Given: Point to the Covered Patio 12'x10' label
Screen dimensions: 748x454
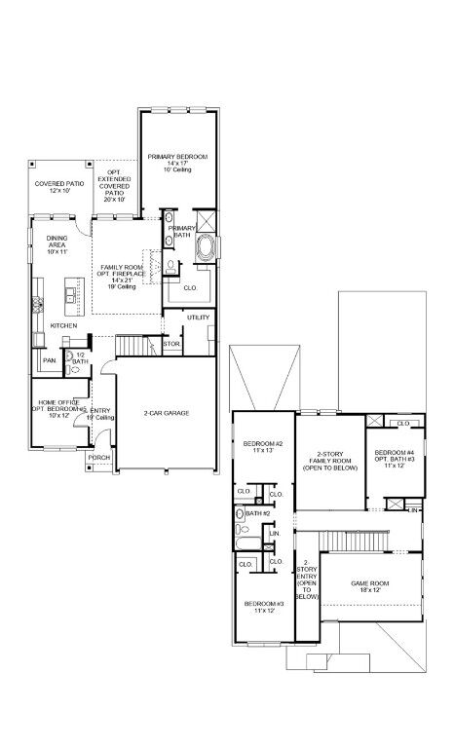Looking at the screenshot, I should coord(59,186).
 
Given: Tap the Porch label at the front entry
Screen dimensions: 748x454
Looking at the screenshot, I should coord(99,457).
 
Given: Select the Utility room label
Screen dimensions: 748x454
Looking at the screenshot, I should coord(199,318).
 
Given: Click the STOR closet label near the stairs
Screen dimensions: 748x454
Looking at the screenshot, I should coord(171,344).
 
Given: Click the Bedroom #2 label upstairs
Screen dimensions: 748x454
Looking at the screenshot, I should coord(260,447).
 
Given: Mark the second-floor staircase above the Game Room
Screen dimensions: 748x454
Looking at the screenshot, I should coord(360,540).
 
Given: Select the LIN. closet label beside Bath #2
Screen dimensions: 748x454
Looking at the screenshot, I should coord(274,534).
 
